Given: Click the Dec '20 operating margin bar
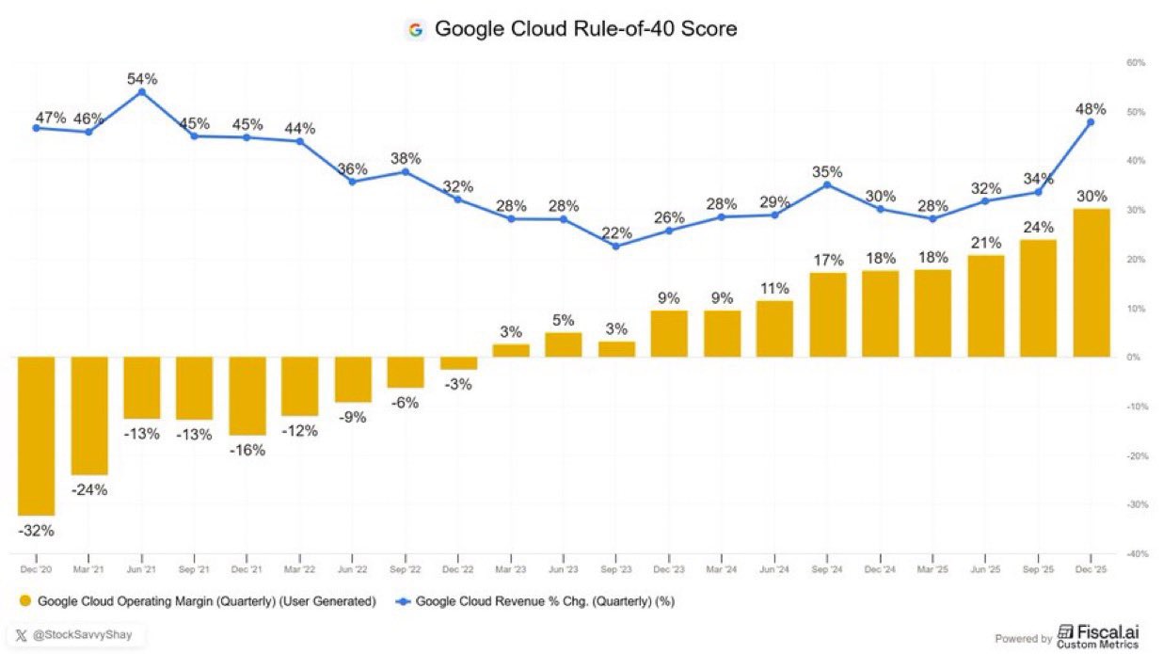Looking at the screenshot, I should (x=37, y=436).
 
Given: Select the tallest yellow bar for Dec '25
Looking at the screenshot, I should (x=1091, y=282).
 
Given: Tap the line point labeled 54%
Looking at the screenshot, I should (x=141, y=92).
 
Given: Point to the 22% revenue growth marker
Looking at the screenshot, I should (x=615, y=247).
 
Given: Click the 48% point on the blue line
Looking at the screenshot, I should (x=1091, y=121).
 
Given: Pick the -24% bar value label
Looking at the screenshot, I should (x=89, y=489).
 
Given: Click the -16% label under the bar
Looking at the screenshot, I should (x=247, y=450).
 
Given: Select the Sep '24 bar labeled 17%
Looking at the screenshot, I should (x=827, y=314).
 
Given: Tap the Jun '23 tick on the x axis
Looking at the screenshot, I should (x=563, y=569).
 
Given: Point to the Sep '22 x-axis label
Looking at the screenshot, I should (x=405, y=569).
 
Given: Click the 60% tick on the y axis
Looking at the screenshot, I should (x=1134, y=63).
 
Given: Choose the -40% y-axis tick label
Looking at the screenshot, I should (x=1134, y=554).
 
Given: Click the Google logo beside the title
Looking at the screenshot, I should (x=415, y=30).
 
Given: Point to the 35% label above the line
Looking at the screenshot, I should (x=827, y=172).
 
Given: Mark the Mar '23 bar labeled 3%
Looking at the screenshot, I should (x=511, y=350).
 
